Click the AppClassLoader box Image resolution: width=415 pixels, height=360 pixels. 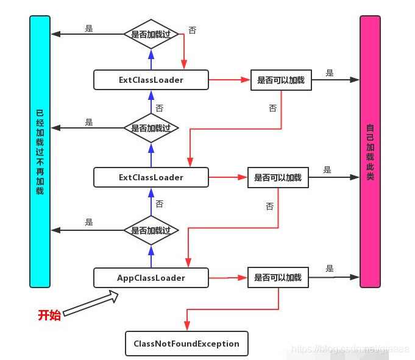tap(151, 278)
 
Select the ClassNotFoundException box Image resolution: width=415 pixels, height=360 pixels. tap(186, 344)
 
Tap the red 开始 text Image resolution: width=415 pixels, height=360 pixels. tap(49, 315)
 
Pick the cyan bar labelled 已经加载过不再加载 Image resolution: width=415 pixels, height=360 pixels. tap(40, 152)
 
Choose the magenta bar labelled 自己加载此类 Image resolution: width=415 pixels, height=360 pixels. tap(370, 152)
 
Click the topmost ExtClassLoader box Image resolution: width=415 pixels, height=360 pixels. tap(151, 80)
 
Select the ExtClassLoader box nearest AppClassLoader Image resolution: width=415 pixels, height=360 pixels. tap(151, 177)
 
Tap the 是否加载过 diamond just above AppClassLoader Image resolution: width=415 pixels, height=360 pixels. tap(151, 230)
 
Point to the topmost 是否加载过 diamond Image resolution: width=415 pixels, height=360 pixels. tap(151, 34)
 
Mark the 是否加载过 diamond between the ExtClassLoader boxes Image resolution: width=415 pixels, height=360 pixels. tap(151, 129)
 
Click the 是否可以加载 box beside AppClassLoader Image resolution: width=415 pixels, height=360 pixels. tap(278, 278)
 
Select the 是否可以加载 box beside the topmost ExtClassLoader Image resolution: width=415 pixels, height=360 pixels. tap(281, 80)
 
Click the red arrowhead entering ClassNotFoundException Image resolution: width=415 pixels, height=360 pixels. tap(186, 327)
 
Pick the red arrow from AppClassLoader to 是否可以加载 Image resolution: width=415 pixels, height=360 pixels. tap(228, 278)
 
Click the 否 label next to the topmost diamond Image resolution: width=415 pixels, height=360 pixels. tap(193, 30)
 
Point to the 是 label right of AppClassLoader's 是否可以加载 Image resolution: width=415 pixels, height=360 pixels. tap(330, 269)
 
